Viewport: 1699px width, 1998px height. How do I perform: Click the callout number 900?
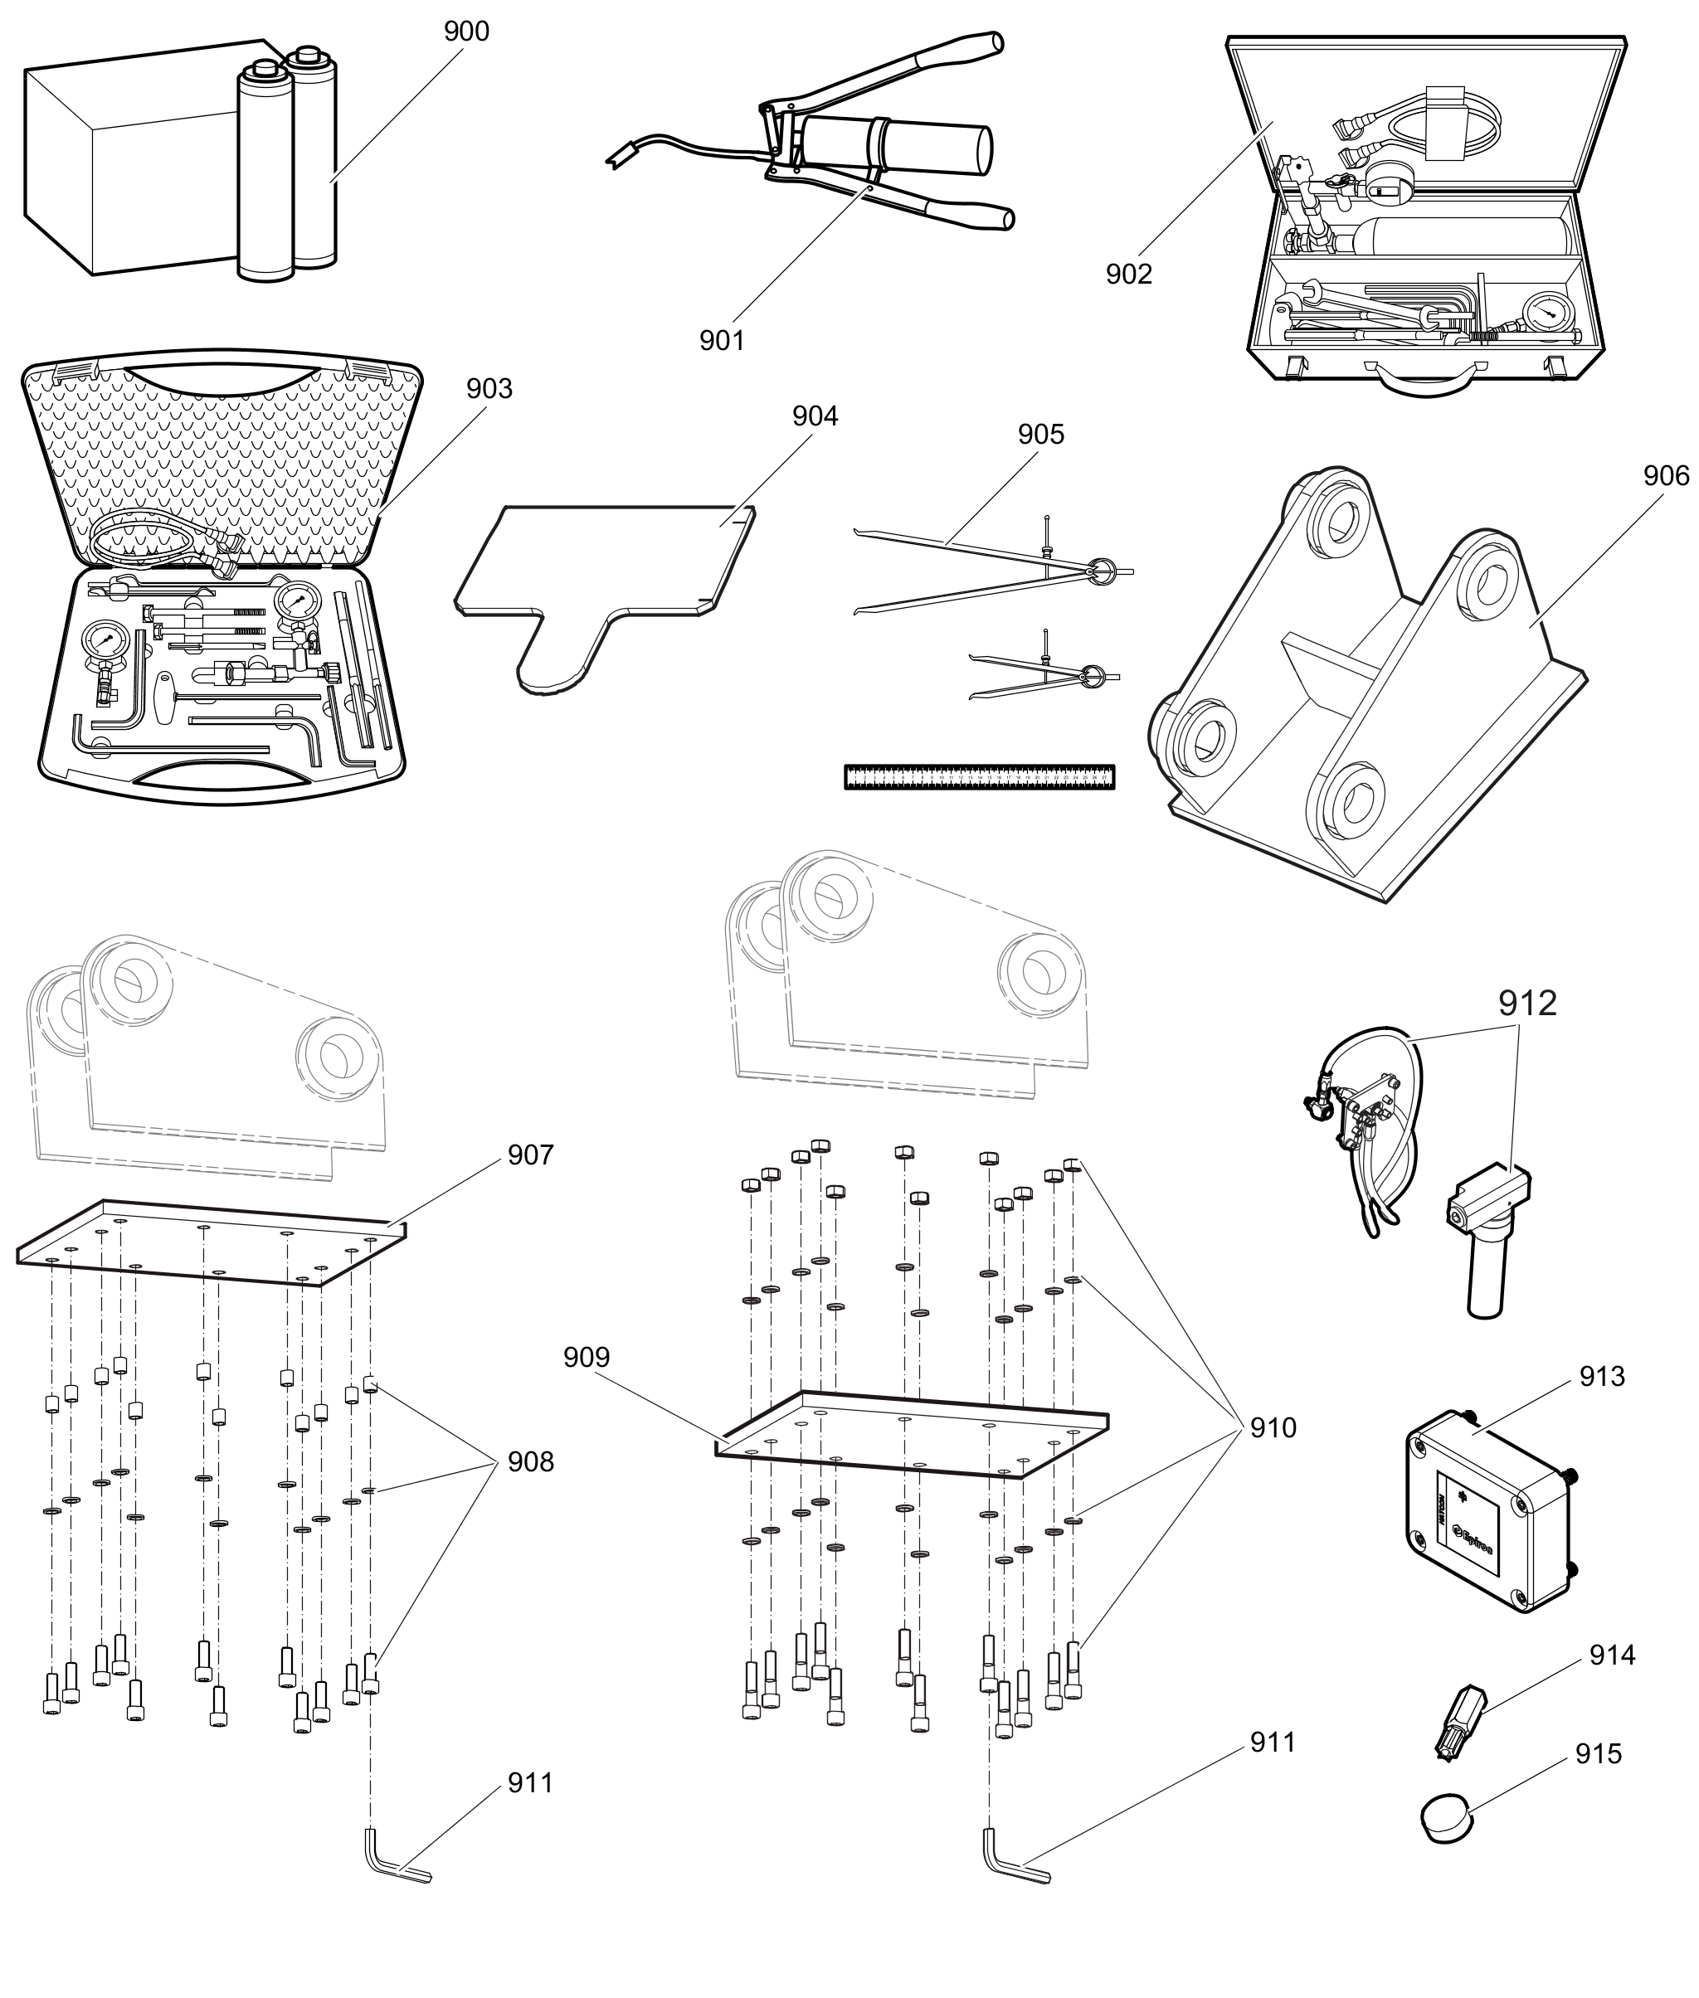pyautogui.click(x=466, y=32)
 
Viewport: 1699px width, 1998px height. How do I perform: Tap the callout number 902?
pyautogui.click(x=1129, y=275)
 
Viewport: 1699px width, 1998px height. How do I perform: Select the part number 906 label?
pyautogui.click(x=1665, y=476)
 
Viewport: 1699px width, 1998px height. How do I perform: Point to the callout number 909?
pyautogui.click(x=587, y=1358)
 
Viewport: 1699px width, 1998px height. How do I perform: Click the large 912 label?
pyautogui.click(x=1526, y=1004)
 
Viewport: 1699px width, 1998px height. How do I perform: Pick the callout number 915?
pyautogui.click(x=1598, y=1754)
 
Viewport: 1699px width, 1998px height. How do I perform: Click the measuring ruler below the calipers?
pyautogui.click(x=979, y=777)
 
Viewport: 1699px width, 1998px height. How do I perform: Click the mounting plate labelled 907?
pyautogui.click(x=212, y=1242)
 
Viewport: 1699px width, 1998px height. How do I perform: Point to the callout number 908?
pyautogui.click(x=531, y=1461)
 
